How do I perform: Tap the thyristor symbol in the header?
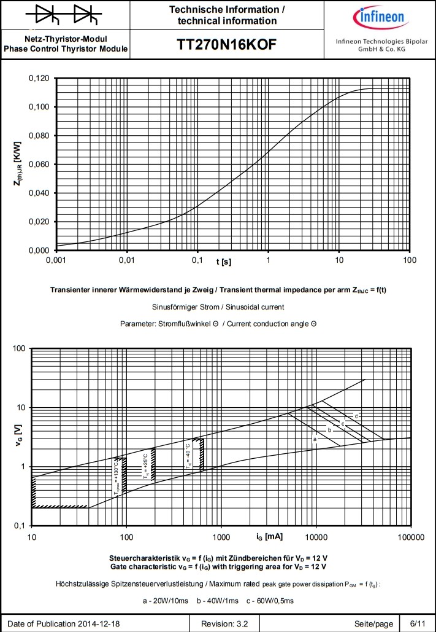click(64, 14)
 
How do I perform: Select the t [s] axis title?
click(223, 262)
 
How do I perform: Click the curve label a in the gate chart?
click(315, 440)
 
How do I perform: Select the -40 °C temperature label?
click(189, 458)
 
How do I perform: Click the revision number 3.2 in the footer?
click(234, 623)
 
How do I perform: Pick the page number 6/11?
click(416, 623)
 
